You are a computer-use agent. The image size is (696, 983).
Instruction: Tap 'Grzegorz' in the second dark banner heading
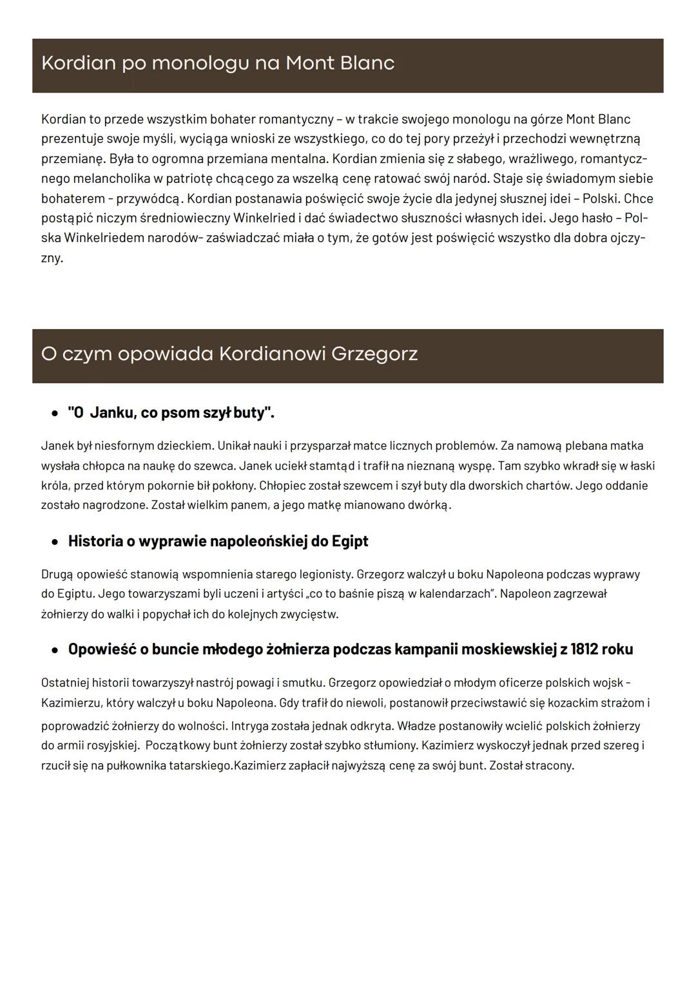pos(374,354)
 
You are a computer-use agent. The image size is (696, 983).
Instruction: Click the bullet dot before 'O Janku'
pos(55,414)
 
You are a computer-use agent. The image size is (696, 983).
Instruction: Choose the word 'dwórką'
pos(428,505)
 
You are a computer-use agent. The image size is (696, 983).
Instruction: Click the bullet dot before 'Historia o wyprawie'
pos(55,542)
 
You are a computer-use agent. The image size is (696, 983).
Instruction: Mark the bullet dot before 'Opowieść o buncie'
pos(55,650)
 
